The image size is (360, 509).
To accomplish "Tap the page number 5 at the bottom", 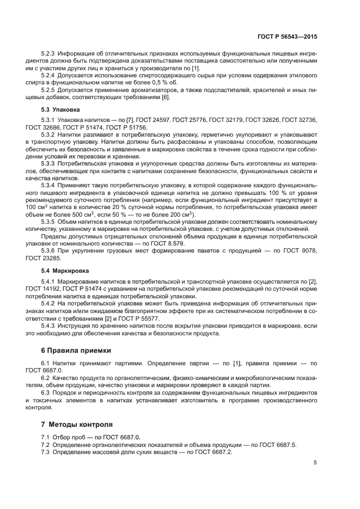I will (315, 463).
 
